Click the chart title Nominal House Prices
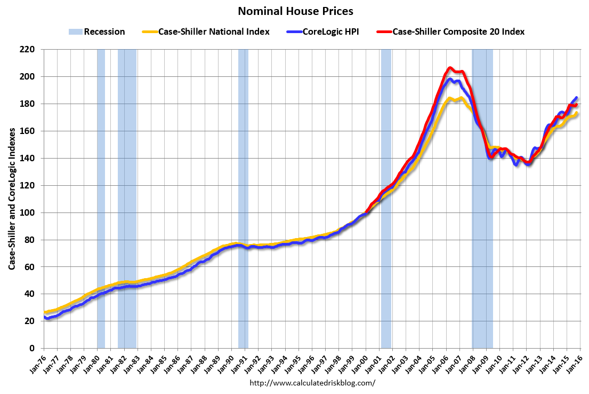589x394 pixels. [x=295, y=11]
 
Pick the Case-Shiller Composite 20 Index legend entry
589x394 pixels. [x=458, y=31]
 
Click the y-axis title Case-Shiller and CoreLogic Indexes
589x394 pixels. [x=11, y=199]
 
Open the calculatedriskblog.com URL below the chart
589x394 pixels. [x=312, y=383]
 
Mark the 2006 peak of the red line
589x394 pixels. [x=450, y=68]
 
